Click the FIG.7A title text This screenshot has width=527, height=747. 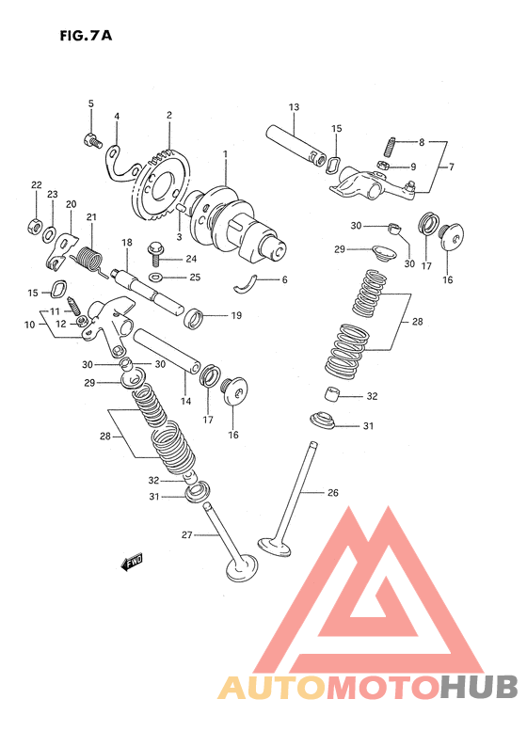[x=86, y=36]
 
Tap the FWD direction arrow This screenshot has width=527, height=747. [x=132, y=563]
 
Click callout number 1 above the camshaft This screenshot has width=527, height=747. [x=225, y=154]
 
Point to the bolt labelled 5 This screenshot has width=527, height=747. [x=92, y=140]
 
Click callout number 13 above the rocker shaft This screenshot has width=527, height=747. [x=294, y=107]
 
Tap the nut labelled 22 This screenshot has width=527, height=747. [x=35, y=226]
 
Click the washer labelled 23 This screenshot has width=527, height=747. [x=49, y=234]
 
